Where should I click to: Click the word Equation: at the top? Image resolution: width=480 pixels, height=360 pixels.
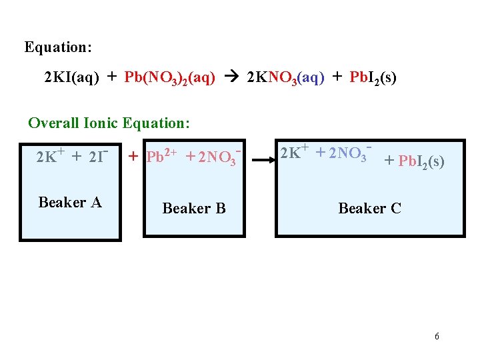58,47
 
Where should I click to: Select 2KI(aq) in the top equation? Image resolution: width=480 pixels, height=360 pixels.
71,78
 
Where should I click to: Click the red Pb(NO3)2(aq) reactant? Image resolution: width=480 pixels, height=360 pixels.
169,79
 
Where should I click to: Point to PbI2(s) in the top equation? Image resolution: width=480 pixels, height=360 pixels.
373,78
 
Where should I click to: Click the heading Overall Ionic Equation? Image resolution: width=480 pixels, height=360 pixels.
109,123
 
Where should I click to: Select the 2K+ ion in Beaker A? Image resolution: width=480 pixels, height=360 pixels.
51,157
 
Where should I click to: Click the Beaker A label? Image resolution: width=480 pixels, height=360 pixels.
70,202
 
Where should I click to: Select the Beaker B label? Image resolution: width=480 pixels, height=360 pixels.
194,209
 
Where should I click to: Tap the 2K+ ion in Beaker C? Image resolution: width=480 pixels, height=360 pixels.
294,153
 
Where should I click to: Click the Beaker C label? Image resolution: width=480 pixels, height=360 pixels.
369,209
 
